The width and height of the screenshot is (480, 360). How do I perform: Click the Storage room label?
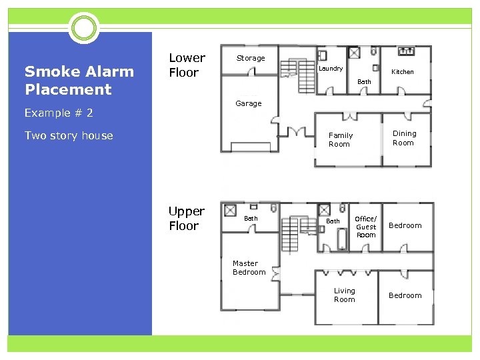[251, 58]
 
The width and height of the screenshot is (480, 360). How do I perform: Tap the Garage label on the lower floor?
[249, 103]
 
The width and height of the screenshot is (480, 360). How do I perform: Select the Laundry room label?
[331, 69]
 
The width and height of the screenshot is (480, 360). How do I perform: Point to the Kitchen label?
[403, 71]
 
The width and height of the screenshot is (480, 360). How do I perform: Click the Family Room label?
[341, 139]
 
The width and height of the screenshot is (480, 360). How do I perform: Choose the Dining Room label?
[405, 138]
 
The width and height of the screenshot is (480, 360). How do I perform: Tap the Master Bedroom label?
[249, 267]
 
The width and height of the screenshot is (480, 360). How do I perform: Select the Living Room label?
[345, 295]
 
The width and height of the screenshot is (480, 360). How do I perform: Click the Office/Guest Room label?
[366, 227]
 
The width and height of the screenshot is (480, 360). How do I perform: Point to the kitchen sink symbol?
[406, 51]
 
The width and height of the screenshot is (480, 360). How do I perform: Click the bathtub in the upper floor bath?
[342, 239]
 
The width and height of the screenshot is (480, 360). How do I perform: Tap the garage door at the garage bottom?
[251, 147]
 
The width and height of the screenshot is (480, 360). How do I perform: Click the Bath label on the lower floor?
[364, 82]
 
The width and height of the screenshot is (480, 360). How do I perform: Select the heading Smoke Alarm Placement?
[79, 80]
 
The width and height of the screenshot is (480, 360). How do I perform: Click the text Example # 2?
[59, 113]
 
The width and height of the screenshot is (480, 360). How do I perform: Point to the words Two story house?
[69, 135]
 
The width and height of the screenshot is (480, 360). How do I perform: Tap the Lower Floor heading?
[187, 65]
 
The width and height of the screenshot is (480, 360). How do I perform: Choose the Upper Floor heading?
[187, 218]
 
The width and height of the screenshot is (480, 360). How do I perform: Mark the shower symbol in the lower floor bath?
[354, 53]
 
